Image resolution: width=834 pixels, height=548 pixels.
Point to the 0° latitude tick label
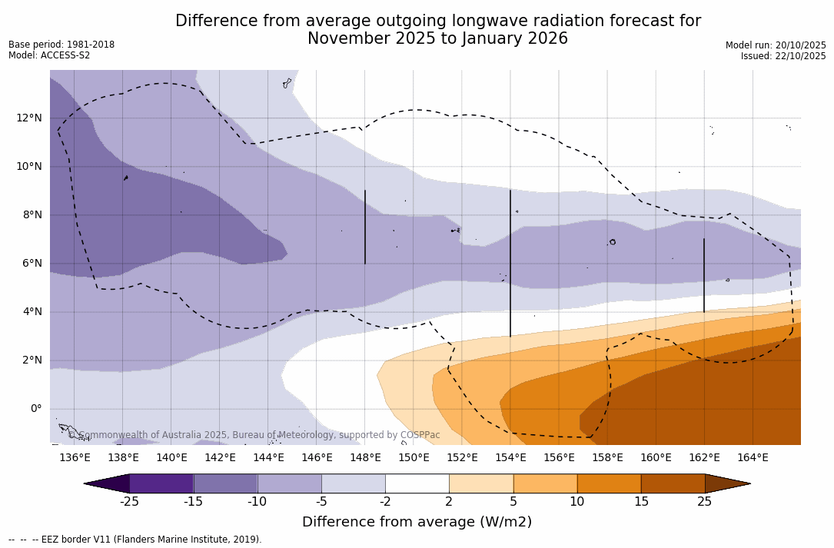click(35, 409)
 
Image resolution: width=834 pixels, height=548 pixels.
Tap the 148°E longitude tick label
click(365, 458)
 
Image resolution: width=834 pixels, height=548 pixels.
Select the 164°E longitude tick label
click(753, 458)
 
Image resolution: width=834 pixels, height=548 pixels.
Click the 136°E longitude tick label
click(75, 458)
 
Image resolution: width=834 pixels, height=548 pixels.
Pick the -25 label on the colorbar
click(129, 502)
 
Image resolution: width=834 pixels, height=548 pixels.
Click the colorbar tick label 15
click(641, 502)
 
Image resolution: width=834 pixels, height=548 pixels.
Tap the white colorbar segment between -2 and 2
click(417, 483)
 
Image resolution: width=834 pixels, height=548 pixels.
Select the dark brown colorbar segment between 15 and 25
click(673, 483)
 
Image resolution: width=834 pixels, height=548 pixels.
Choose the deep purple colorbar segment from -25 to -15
click(161, 483)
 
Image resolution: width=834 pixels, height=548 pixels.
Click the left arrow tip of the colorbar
click(86, 483)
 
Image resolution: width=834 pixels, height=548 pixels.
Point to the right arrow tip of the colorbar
click(748, 483)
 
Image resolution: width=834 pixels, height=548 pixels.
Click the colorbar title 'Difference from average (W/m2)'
click(417, 523)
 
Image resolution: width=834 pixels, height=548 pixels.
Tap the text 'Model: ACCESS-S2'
click(49, 55)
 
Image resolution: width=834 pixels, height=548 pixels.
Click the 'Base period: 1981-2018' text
click(61, 45)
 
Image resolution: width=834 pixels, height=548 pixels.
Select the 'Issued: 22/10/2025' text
click(783, 56)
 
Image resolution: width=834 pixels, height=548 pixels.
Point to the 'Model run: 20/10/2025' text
click(776, 45)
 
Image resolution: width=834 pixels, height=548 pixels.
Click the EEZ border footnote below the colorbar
click(135, 540)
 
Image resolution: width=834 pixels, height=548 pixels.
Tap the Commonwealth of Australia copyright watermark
click(254, 435)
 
